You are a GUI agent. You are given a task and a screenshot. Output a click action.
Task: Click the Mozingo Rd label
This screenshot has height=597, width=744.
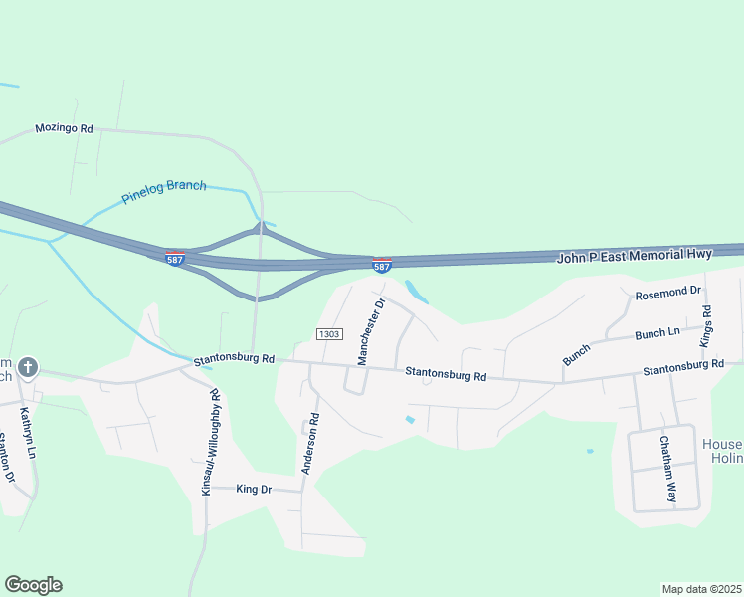[x=64, y=128]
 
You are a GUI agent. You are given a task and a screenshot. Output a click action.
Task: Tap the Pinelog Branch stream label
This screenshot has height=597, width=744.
[x=164, y=191]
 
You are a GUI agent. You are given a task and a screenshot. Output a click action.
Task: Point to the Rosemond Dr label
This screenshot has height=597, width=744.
[x=668, y=293]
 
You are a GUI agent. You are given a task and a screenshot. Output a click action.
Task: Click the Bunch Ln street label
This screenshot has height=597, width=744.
[x=656, y=332]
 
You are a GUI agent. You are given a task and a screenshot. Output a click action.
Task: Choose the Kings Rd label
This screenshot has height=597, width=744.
[x=707, y=325]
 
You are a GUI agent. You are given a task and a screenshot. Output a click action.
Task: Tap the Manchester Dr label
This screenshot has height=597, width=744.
[x=370, y=332]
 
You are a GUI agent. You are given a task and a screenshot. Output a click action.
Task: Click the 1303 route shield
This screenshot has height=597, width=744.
[x=330, y=333]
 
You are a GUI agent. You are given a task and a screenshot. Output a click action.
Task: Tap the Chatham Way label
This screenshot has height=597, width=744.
[x=667, y=469]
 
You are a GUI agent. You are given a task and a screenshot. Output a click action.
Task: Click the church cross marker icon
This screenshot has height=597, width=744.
[x=28, y=368]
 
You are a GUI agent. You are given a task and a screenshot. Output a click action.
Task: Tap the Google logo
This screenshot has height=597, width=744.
[x=33, y=585]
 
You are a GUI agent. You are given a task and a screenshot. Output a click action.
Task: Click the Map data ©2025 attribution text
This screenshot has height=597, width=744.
[x=702, y=588]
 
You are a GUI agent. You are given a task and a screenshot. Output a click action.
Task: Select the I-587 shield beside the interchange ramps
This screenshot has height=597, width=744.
[x=175, y=257]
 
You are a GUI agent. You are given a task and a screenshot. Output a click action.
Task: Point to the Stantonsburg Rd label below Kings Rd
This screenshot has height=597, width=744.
[x=682, y=366]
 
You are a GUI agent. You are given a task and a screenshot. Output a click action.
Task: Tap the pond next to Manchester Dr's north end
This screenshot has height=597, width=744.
[x=417, y=291]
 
